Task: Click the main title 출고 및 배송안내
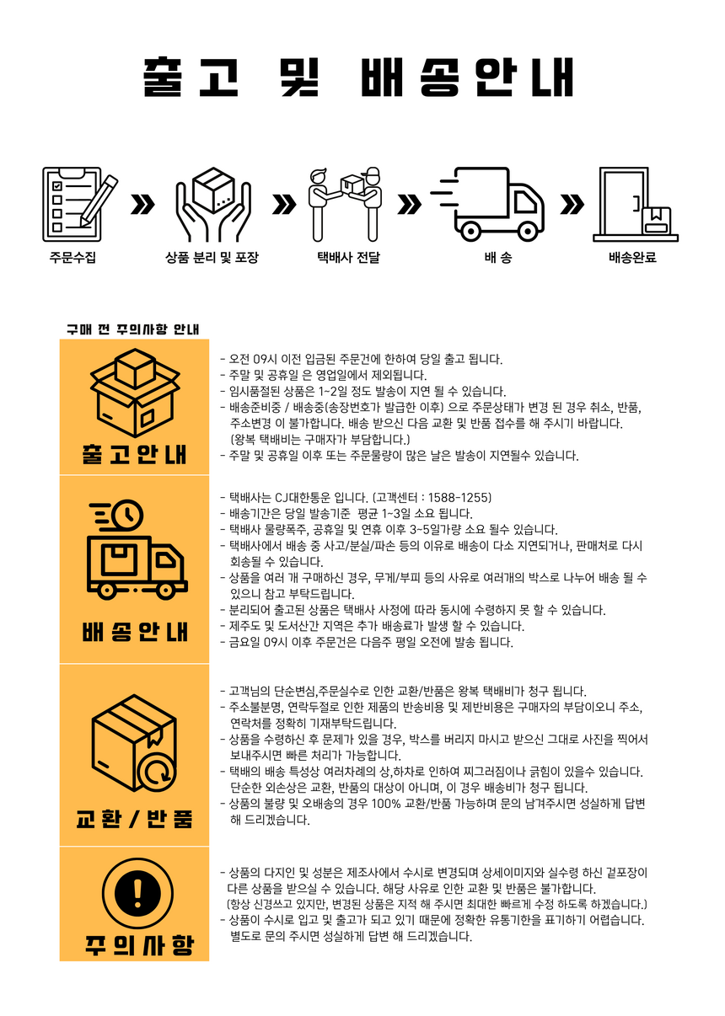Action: point(359,79)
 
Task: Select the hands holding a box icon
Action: point(212,202)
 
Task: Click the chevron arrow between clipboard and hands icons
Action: point(144,204)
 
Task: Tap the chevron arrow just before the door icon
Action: point(572,204)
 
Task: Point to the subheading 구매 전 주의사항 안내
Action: point(133,329)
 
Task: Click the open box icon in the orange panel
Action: point(134,393)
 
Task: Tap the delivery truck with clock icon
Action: point(134,551)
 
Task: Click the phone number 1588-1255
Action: point(463,497)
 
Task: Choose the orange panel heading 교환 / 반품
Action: point(134,818)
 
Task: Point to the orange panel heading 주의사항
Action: point(134,944)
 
